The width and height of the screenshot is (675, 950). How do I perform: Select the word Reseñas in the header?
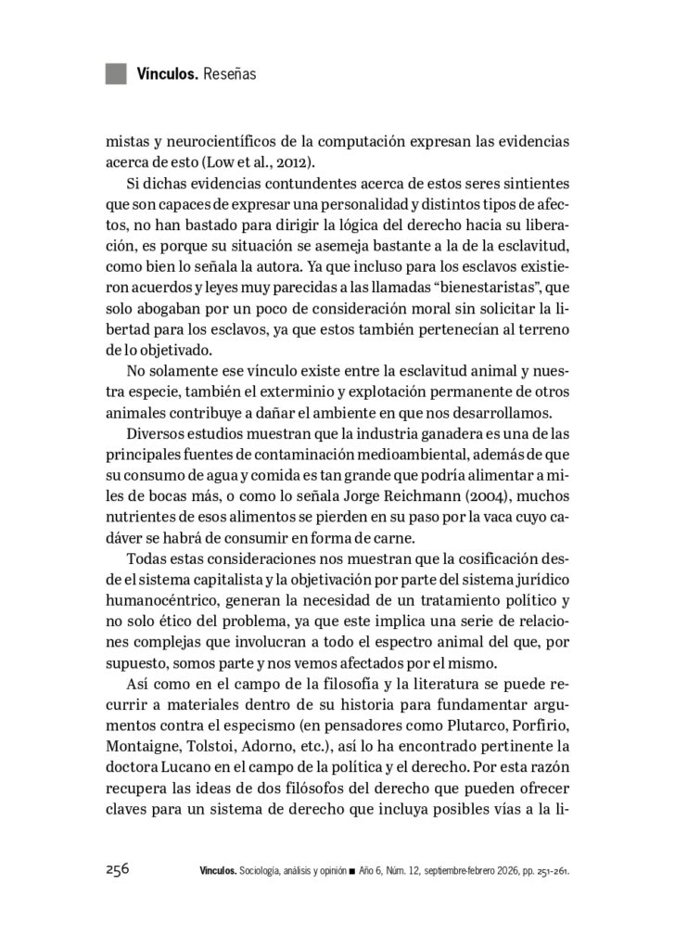pyautogui.click(x=226, y=73)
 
